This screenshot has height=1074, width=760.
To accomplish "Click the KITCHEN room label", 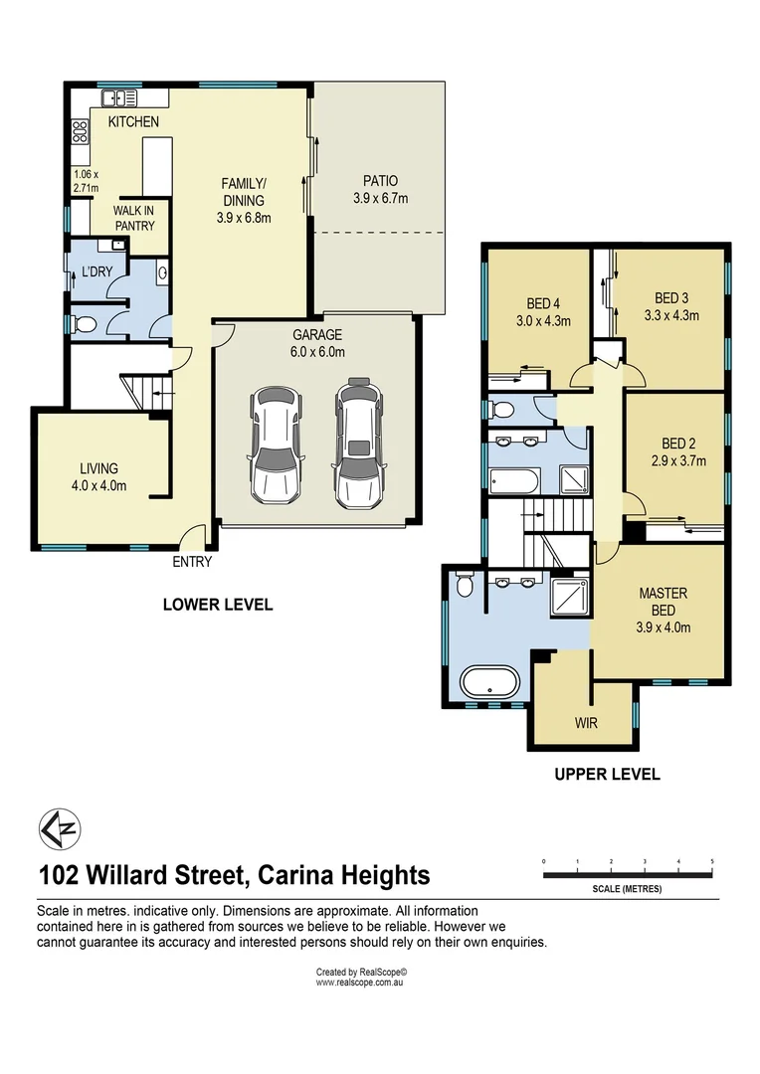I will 133,121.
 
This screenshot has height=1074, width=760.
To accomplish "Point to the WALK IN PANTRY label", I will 133,218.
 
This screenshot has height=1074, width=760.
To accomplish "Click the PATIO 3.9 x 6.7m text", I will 380,189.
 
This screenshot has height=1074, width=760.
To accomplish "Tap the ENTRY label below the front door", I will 192,562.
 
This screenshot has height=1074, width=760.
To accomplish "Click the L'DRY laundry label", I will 96,271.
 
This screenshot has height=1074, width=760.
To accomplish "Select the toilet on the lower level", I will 84,323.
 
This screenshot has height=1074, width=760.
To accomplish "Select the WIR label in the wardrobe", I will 586,723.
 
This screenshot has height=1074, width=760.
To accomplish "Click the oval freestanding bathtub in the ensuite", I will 489,683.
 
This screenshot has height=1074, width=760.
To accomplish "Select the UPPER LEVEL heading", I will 607,774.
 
